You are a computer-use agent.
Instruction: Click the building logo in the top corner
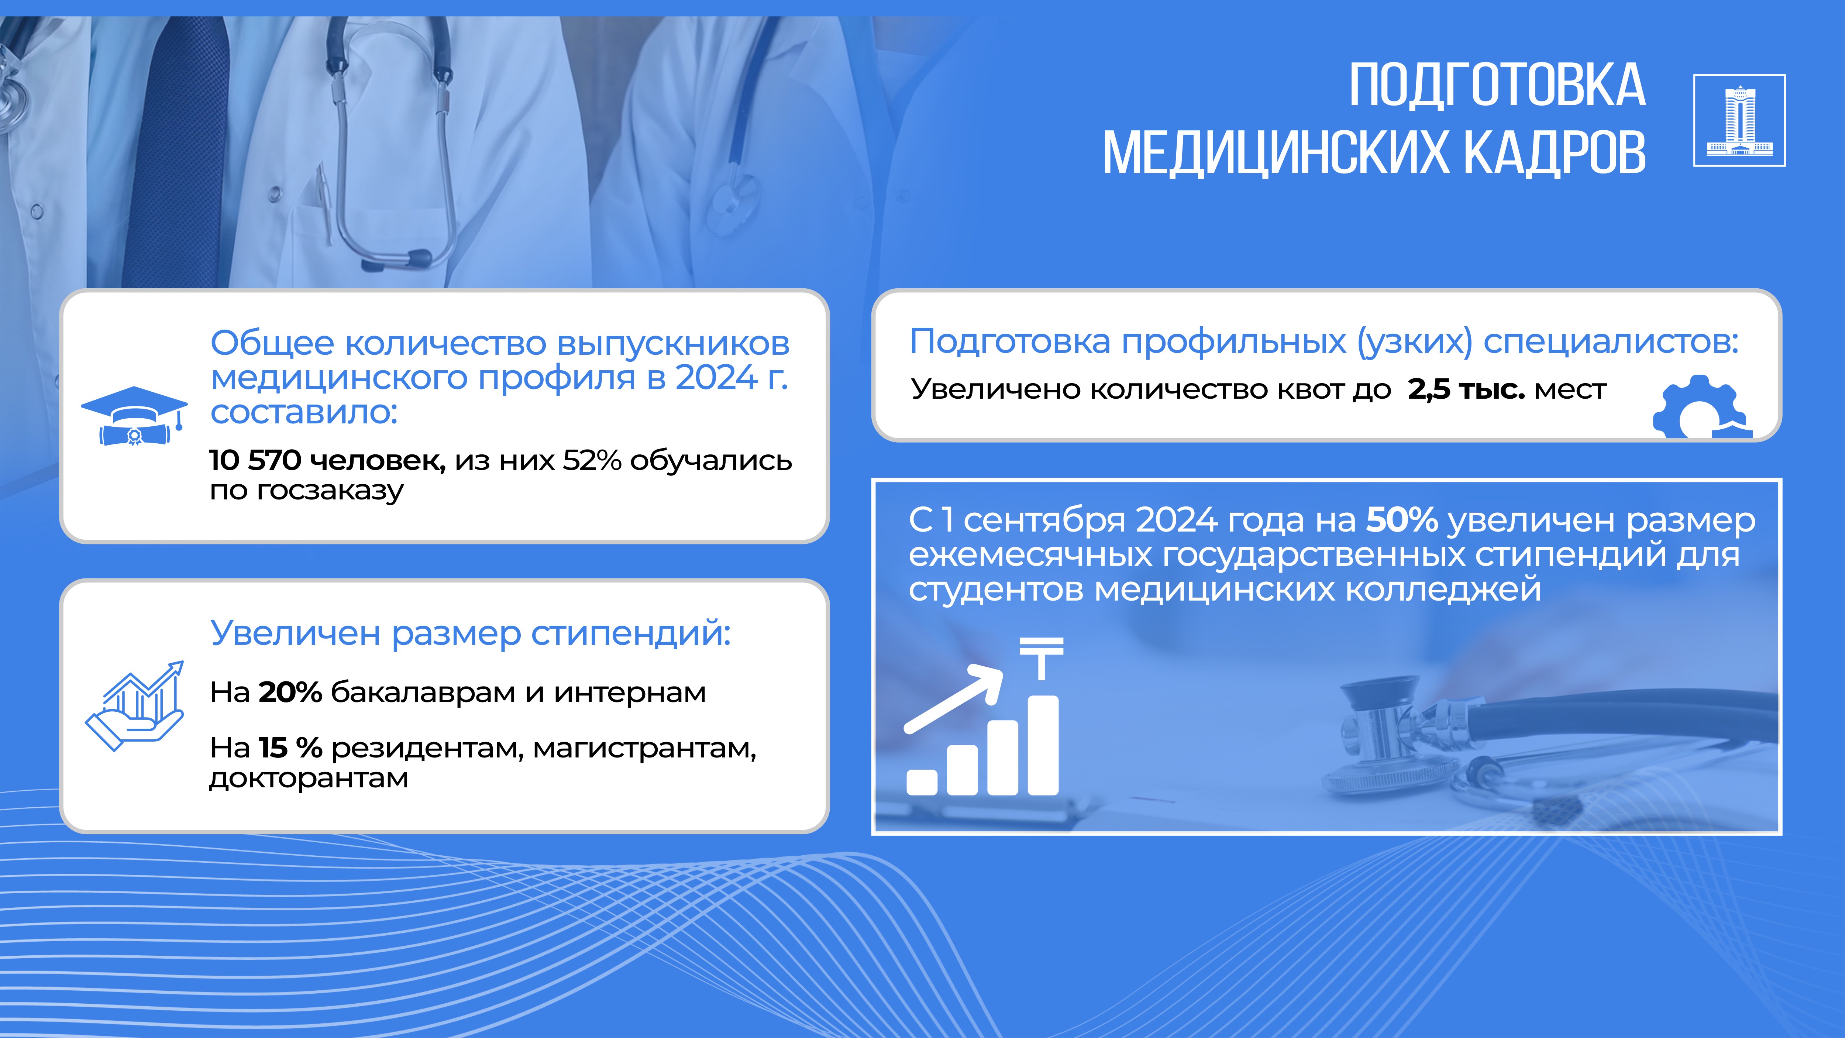(1739, 120)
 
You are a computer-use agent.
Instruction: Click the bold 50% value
(1402, 520)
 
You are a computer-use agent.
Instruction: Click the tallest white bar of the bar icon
(1043, 745)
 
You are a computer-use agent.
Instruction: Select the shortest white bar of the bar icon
(922, 782)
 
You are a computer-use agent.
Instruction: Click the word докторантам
(309, 778)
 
